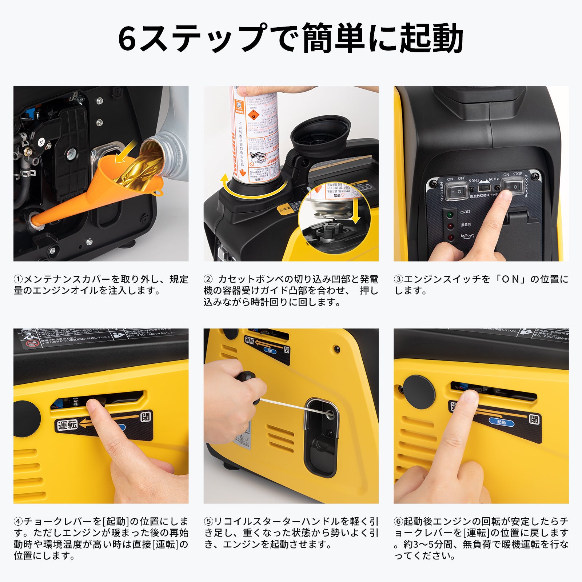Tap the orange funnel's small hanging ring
pyautogui.click(x=158, y=191)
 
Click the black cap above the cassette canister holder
pyautogui.click(x=320, y=132)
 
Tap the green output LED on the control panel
pyautogui.click(x=450, y=215)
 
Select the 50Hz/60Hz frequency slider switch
pyautogui.click(x=484, y=188)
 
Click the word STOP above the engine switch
pyautogui.click(x=517, y=174)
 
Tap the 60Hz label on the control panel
pyautogui.click(x=493, y=179)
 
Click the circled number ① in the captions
pyautogui.click(x=18, y=279)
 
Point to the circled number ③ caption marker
pyautogui.click(x=398, y=279)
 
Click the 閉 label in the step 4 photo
pyautogui.click(x=145, y=416)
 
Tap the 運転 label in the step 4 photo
pyautogui.click(x=67, y=424)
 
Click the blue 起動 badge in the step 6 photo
pyautogui.click(x=501, y=422)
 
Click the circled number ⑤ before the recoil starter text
pyautogui.click(x=208, y=522)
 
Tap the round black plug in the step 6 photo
pyautogui.click(x=419, y=392)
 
